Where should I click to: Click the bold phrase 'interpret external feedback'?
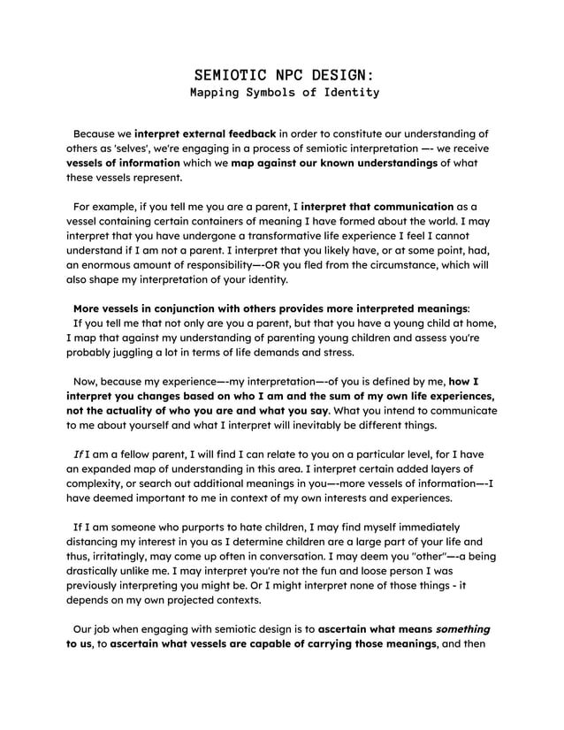click(205, 133)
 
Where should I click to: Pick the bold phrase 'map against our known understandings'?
click(334, 163)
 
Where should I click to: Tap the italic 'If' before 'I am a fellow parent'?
click(78, 453)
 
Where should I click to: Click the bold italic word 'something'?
click(460, 628)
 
